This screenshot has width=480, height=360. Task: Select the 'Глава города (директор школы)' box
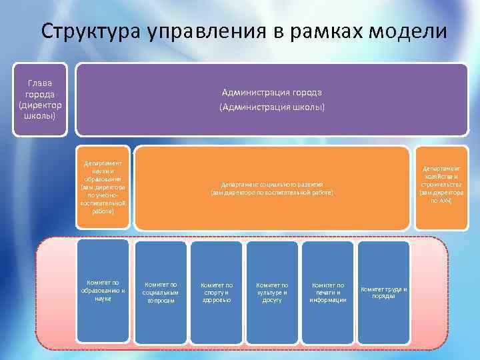pos(41,99)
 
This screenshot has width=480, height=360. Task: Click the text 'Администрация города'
pos(271,92)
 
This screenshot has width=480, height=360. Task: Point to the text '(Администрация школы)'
pos(271,107)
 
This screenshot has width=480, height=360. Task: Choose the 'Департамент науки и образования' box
pos(103,187)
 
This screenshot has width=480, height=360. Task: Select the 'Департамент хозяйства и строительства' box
pos(441,187)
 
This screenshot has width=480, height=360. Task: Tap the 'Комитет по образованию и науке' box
pos(103,291)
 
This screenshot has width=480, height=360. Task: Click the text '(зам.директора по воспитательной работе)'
pos(271,193)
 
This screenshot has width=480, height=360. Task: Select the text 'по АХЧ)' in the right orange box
pos(441,201)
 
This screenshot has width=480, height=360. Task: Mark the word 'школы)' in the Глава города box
pos(41,115)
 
